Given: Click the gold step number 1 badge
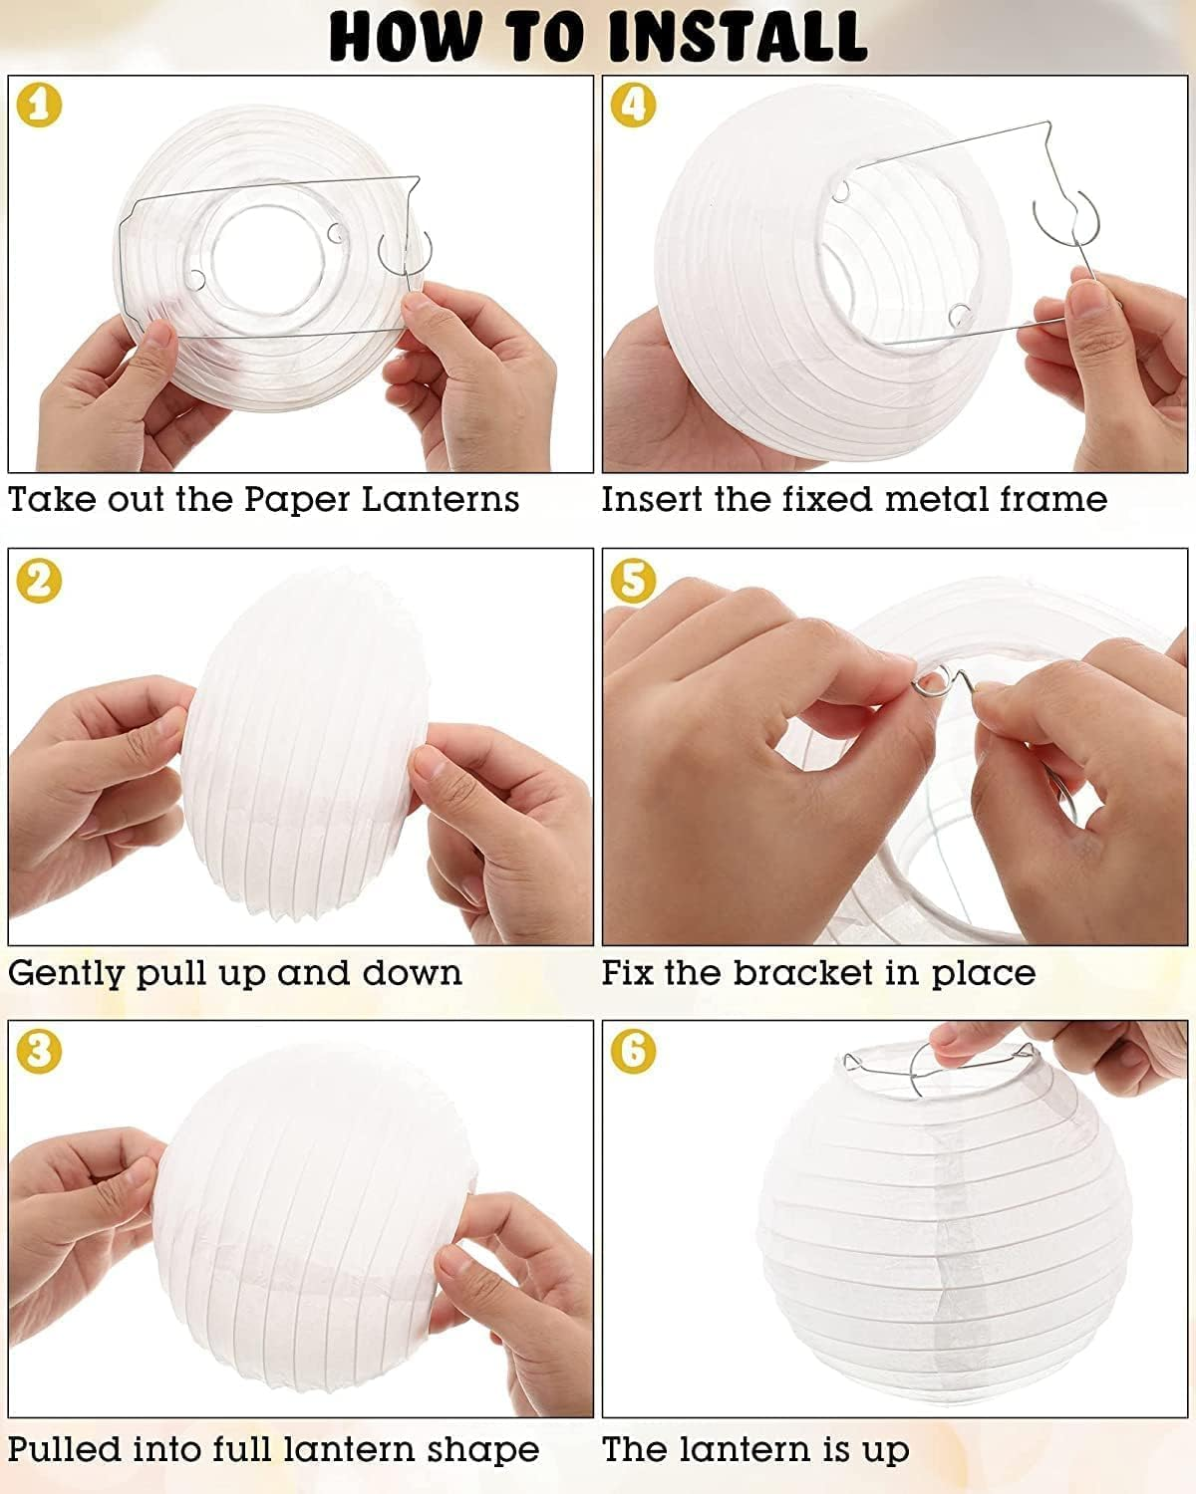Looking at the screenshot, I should pyautogui.click(x=39, y=106).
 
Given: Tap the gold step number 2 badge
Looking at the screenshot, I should pyautogui.click(x=39, y=581).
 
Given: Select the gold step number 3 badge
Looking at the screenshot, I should pyautogui.click(x=39, y=1053).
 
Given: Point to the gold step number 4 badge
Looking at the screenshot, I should pyautogui.click(x=634, y=106).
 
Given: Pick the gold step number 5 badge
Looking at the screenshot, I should pyautogui.click(x=634, y=581).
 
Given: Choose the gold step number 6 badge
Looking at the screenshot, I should pyautogui.click(x=634, y=1053).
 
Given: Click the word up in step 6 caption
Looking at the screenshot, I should pyautogui.click(x=885, y=1449).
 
